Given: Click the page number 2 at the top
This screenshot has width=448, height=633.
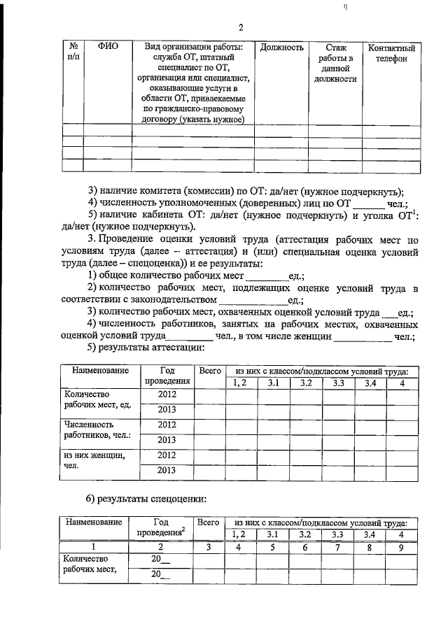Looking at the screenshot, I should [x=239, y=28].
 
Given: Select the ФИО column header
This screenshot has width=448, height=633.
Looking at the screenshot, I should [x=108, y=48].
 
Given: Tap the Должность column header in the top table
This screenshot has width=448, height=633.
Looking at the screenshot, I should [x=281, y=48].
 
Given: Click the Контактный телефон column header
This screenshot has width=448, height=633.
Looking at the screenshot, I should [x=392, y=53].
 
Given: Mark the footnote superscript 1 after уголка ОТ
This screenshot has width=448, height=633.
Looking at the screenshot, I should [x=416, y=212].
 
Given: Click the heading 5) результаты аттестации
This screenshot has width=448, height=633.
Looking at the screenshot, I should [x=145, y=347].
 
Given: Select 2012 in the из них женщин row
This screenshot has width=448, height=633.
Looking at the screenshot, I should [x=167, y=455].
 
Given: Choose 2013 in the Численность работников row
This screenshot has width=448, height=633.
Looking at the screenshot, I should [x=167, y=439].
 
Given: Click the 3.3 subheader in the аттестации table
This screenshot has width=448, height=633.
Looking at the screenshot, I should [x=339, y=383].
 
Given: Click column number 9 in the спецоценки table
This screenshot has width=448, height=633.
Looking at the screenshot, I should [x=402, y=548].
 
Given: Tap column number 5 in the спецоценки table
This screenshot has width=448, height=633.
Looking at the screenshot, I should [x=274, y=548].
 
